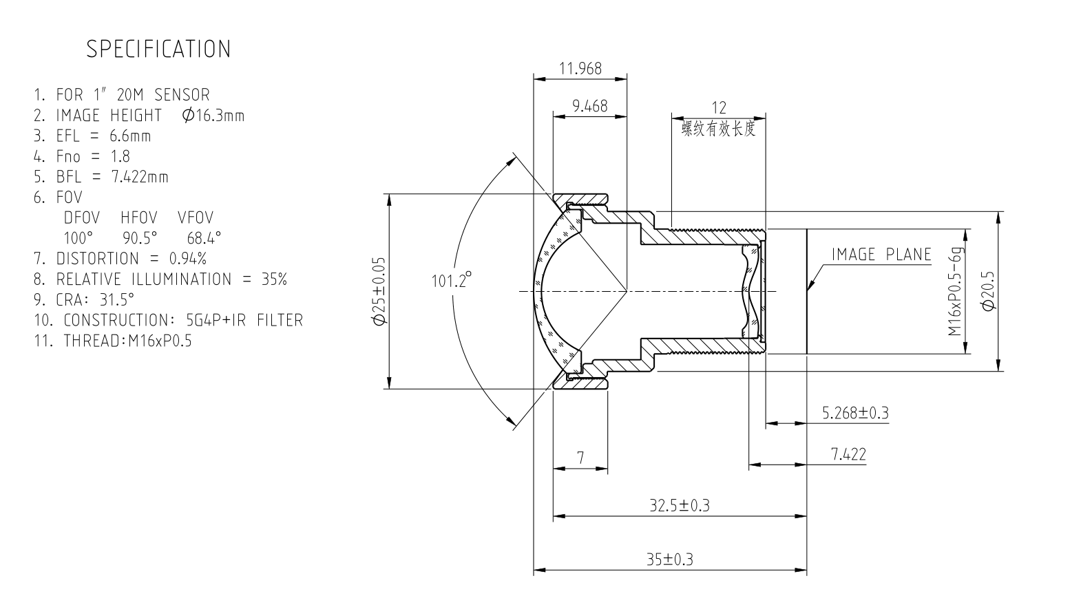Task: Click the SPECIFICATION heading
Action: click(158, 49)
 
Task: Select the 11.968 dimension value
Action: click(580, 68)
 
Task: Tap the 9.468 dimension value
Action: click(590, 106)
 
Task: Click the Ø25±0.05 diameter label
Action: click(379, 291)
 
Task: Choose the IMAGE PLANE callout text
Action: click(881, 255)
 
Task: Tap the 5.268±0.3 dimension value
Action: click(855, 413)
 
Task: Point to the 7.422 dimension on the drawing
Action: click(848, 454)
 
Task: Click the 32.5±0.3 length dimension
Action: click(680, 506)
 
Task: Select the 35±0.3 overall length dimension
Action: click(669, 560)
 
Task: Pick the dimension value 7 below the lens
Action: click(580, 458)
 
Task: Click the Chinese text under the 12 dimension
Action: click(719, 129)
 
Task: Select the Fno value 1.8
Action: click(120, 156)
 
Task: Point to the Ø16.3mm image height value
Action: click(213, 115)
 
